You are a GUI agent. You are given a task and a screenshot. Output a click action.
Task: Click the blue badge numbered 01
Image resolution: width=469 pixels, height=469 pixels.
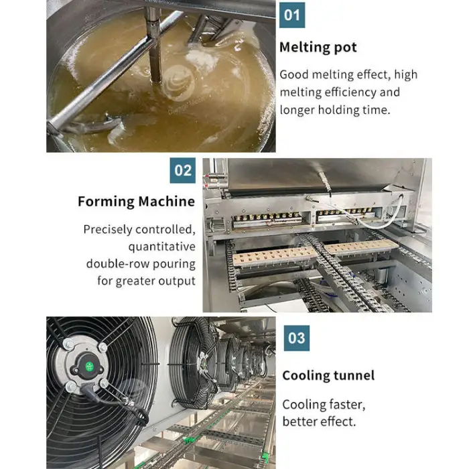292,15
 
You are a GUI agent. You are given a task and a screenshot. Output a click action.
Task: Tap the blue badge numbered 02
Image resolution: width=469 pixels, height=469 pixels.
182,170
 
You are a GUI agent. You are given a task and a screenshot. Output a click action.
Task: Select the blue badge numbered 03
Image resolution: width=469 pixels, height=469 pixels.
296,338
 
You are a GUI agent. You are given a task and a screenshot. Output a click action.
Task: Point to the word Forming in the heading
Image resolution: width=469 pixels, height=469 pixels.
106,202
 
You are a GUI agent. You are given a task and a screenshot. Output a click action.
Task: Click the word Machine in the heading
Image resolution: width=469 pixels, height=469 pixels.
167,201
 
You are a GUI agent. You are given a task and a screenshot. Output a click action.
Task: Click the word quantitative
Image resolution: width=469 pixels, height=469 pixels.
162,247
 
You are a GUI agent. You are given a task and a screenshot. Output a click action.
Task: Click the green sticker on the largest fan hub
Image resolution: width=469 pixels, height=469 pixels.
89,366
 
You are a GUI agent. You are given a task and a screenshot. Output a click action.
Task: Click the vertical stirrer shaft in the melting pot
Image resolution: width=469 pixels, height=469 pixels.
155,45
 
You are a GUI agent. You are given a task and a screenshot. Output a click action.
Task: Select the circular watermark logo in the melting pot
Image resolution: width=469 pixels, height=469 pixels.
177,83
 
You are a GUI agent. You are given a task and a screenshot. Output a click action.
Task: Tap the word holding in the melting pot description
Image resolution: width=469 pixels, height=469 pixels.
338,110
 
